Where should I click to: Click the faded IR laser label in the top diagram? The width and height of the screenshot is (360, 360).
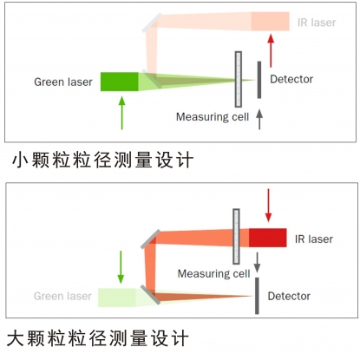317,23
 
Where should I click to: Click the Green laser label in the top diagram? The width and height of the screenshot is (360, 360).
63,82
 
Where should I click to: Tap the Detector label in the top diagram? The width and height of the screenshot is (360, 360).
291,79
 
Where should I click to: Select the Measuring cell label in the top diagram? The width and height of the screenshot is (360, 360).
213,117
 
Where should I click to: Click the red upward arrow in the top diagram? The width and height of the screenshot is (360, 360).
271,51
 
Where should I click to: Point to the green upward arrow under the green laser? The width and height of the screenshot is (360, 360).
122,113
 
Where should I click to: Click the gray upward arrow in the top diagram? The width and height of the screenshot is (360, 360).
259,119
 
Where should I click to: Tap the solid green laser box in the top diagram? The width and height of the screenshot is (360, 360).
120,82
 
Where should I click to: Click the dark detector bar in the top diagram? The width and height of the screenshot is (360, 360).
259,80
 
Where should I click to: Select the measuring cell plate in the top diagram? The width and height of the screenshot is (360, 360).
239,79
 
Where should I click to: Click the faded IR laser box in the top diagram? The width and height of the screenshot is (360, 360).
270,22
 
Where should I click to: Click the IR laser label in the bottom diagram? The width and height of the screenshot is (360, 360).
314,239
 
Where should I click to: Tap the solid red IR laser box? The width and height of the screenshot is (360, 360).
268,238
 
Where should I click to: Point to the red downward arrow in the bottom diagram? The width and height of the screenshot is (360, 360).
268,206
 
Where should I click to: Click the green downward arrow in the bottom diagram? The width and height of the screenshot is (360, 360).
121,267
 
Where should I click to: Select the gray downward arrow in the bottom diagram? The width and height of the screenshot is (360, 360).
257,263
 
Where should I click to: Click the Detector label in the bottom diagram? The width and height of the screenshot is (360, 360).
289,296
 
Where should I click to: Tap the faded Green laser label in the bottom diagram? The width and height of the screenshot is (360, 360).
62,296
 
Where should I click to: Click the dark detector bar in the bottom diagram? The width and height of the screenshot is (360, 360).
257,296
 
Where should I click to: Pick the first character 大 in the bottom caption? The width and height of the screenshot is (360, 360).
16,338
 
